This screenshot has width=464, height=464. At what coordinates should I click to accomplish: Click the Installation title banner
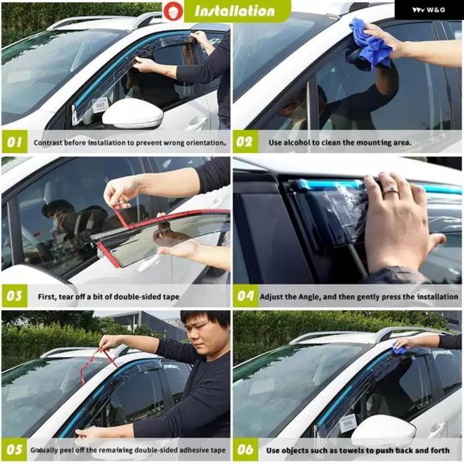237,11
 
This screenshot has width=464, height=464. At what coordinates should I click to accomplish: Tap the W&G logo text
428,10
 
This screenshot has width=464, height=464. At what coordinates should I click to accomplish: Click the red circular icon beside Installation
173,12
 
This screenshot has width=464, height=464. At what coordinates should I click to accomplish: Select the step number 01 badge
15,142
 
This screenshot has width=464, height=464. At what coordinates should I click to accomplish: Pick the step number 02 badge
246,142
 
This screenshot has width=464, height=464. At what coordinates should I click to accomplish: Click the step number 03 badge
15,296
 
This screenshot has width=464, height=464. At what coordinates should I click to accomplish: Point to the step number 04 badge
246,296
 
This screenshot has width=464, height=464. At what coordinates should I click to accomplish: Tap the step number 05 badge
15,450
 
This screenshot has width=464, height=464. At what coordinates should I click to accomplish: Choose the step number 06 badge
246,450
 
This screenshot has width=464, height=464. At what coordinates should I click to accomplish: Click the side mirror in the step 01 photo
132,114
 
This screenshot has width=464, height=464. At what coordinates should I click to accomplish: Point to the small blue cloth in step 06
400,350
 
